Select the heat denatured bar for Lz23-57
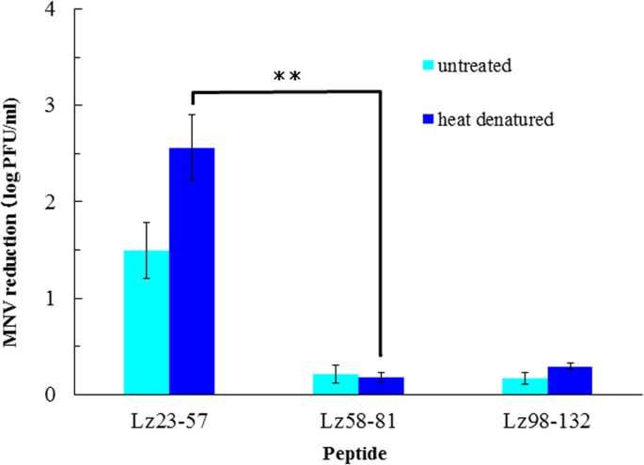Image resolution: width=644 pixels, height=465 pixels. [x=192, y=271]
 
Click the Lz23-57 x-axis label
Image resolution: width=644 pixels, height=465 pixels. [x=169, y=416]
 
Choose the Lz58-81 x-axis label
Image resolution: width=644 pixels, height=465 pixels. [x=357, y=416]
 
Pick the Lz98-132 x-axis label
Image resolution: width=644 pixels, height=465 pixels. [x=548, y=416]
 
